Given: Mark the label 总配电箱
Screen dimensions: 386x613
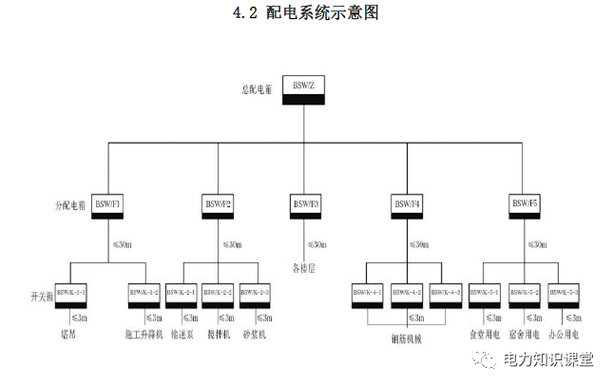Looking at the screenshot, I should (256, 89).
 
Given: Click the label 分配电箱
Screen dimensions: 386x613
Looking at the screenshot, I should (72, 204).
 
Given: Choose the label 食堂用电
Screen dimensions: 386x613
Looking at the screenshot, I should (483, 335).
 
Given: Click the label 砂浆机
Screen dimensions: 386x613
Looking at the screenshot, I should (255, 335).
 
